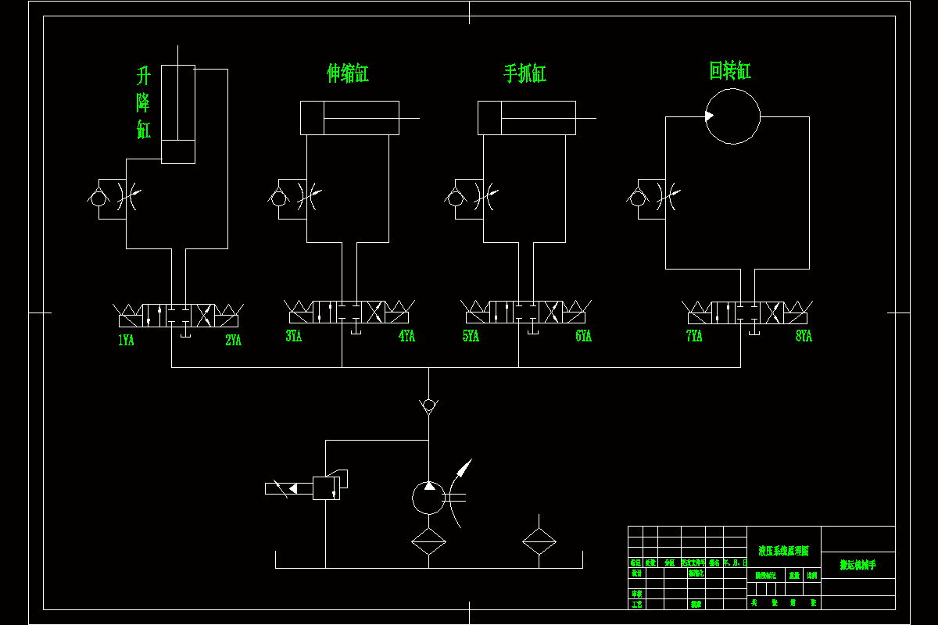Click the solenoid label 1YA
tap(126, 340)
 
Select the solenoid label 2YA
tap(233, 340)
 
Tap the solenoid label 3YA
tap(293, 337)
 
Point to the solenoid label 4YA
tap(406, 337)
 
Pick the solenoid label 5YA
tap(471, 337)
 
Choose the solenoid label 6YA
tap(583, 337)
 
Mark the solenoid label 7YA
tap(694, 337)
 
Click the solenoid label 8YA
tap(804, 337)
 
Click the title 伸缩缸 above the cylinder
tap(348, 73)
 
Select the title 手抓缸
tap(524, 73)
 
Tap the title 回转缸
tap(730, 71)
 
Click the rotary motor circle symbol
tap(732, 116)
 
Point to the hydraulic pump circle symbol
tap(428, 497)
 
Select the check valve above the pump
tap(428, 405)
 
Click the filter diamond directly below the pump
tap(428, 541)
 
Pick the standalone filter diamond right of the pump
tap(539, 541)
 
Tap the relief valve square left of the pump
tap(326, 487)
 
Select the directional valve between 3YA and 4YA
tap(349, 312)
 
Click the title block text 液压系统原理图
tap(783, 551)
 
